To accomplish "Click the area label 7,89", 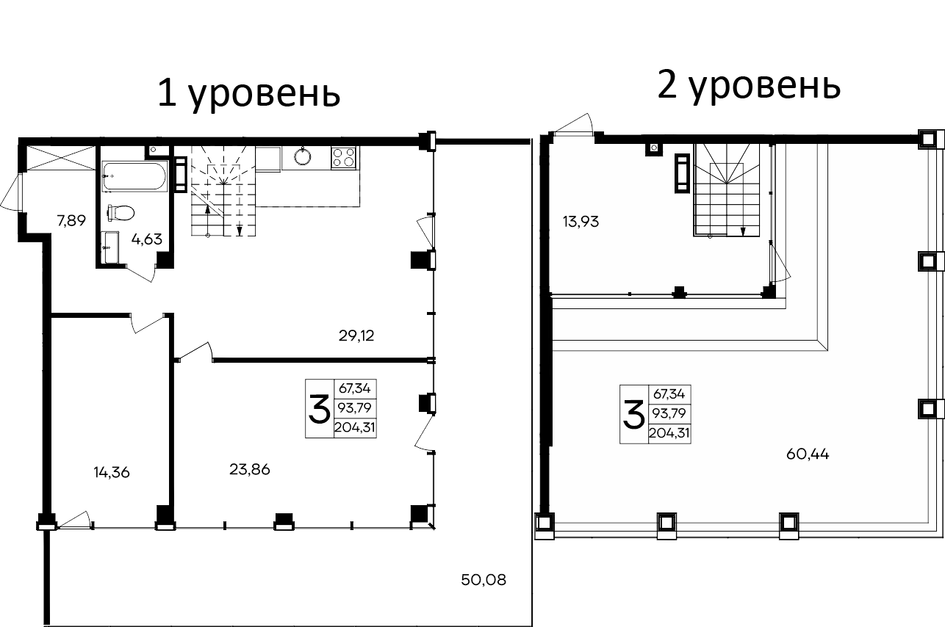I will click(x=72, y=221).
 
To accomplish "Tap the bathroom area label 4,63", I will click(x=147, y=238).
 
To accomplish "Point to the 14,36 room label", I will click(x=112, y=472).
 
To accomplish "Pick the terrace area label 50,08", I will click(x=484, y=580).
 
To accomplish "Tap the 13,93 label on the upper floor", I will click(x=581, y=221).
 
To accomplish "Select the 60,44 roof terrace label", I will click(x=808, y=454).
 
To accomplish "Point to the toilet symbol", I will click(x=121, y=212).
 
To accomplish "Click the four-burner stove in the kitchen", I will click(x=343, y=157).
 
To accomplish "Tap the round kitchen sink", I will click(x=302, y=157).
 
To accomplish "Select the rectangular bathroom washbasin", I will click(x=110, y=247).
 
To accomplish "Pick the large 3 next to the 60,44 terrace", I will click(x=633, y=415).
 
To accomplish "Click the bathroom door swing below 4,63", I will click(x=141, y=272).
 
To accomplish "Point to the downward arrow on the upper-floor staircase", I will click(x=743, y=231).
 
